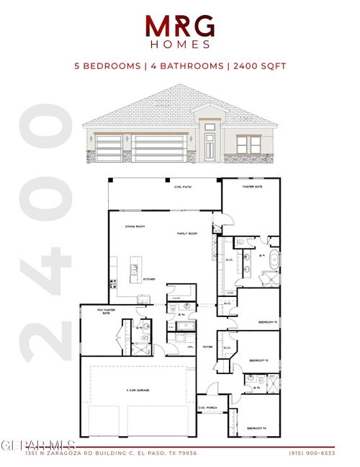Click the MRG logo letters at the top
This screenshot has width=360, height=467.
pos(180,27)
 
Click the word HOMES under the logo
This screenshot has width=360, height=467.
pos(180,44)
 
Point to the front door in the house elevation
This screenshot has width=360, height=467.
pos(210,146)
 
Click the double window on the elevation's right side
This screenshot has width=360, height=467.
pos(250,146)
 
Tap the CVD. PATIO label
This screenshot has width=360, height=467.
pos(171,187)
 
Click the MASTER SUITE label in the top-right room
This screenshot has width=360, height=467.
pos(252,187)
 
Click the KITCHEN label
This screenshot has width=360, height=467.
pos(149,279)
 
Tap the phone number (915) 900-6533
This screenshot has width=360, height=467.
pos(310,453)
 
